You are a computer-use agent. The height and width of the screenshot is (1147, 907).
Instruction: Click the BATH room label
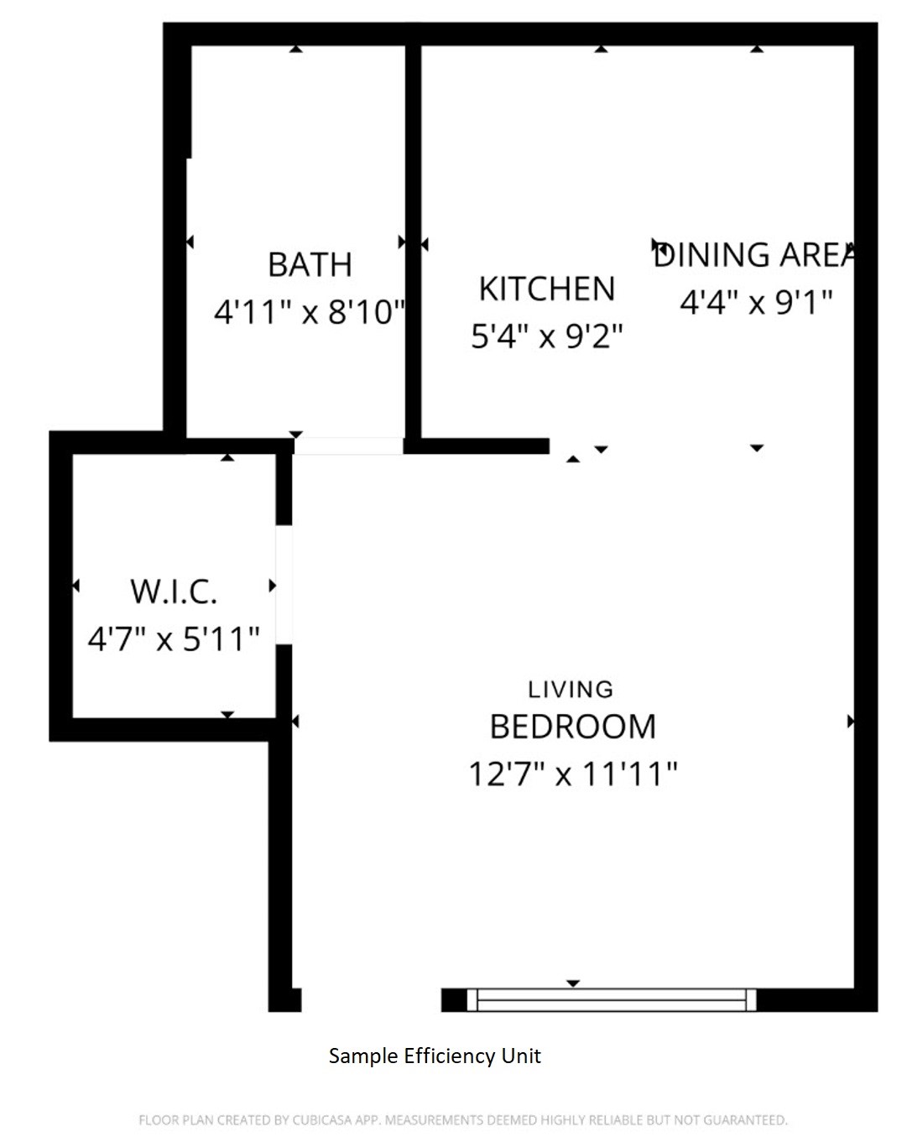tap(310, 265)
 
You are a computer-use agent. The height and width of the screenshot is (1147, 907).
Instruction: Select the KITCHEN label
tap(547, 289)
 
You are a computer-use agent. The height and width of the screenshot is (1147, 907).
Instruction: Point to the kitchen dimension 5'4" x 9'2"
tap(547, 336)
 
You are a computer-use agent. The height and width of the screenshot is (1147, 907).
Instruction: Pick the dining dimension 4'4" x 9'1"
tap(756, 301)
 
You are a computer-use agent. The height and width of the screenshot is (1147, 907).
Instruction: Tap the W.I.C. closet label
tap(174, 592)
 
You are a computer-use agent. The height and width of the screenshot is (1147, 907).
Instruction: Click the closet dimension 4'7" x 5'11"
tap(174, 639)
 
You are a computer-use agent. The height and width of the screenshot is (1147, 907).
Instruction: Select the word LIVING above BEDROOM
tap(571, 690)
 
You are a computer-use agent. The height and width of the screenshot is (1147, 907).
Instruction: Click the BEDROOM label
tap(573, 727)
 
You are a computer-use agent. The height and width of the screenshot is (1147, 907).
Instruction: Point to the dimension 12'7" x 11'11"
tap(573, 774)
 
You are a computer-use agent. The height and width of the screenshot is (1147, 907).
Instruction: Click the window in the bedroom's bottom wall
tap(612, 999)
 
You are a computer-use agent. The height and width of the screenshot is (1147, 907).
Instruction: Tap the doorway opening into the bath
tap(348, 446)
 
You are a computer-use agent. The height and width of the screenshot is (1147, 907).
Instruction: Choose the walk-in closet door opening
tap(284, 585)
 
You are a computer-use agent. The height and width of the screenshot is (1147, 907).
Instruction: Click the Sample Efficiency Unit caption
tap(435, 1056)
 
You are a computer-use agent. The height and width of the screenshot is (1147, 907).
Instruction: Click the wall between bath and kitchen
tap(413, 243)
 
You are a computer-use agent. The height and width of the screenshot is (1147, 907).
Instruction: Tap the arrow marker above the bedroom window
tap(573, 983)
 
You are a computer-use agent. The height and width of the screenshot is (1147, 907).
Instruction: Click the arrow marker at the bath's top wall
tap(295, 50)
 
